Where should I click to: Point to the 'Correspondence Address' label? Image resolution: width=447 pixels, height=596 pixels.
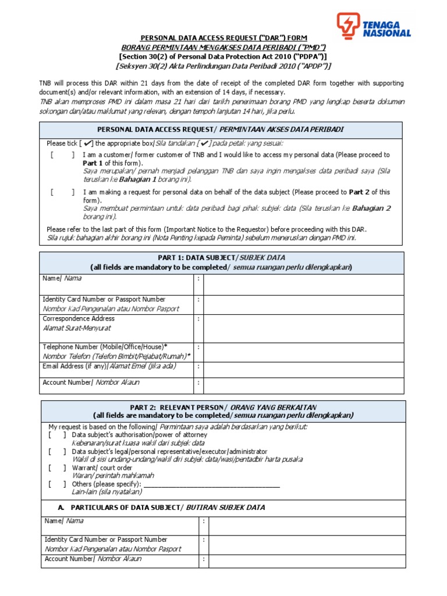(79, 318)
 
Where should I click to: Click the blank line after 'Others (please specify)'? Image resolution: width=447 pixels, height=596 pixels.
(212, 484)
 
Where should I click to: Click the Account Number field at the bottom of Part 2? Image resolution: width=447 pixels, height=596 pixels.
(307, 560)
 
